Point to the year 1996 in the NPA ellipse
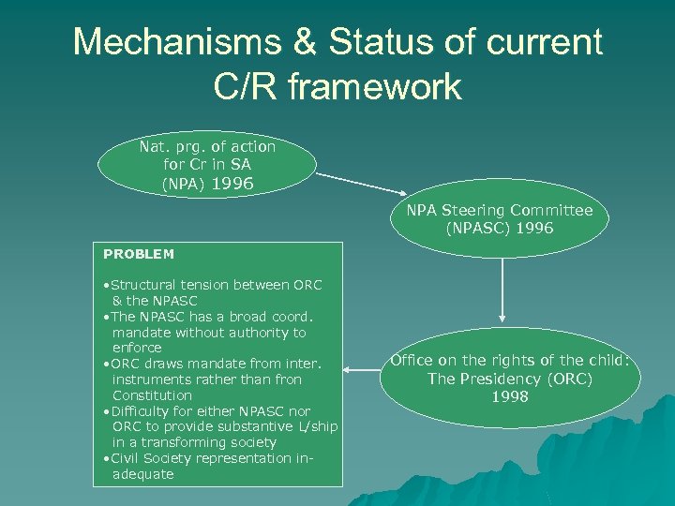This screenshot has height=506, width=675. (x=233, y=184)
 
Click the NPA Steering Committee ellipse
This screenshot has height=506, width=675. (x=500, y=219)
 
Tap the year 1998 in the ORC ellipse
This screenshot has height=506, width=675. (x=510, y=396)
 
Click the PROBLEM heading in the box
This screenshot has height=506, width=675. (x=139, y=254)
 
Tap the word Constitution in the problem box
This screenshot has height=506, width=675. (x=152, y=395)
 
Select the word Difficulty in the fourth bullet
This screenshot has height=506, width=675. (x=143, y=411)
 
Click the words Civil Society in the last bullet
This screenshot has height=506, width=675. (x=155, y=458)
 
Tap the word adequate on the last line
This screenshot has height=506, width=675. (x=142, y=474)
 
